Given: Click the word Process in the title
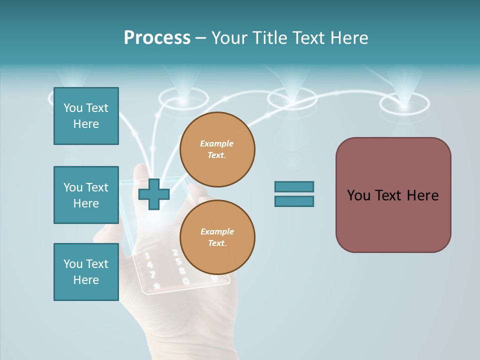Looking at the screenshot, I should point(157,38).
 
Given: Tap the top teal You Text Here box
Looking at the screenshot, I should point(86,116).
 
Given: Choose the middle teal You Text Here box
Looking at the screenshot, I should point(86,195).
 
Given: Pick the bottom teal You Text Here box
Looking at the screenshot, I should point(86,272).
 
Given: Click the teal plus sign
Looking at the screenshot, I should point(153,193).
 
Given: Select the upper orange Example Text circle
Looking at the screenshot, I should point(217,149).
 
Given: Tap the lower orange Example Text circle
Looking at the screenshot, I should point(217,237).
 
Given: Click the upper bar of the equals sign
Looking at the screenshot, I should point(294,186).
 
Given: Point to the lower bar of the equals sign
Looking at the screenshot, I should point(294,201).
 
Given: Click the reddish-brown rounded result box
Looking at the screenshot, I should point(393,195).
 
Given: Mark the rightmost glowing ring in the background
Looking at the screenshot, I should point(404,104).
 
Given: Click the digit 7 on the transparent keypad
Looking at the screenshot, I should point(152,274).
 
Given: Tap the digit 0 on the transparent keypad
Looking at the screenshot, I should point(186,281).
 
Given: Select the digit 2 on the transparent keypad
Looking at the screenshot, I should point(175,253).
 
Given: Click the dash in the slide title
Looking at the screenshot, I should point(201,38).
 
